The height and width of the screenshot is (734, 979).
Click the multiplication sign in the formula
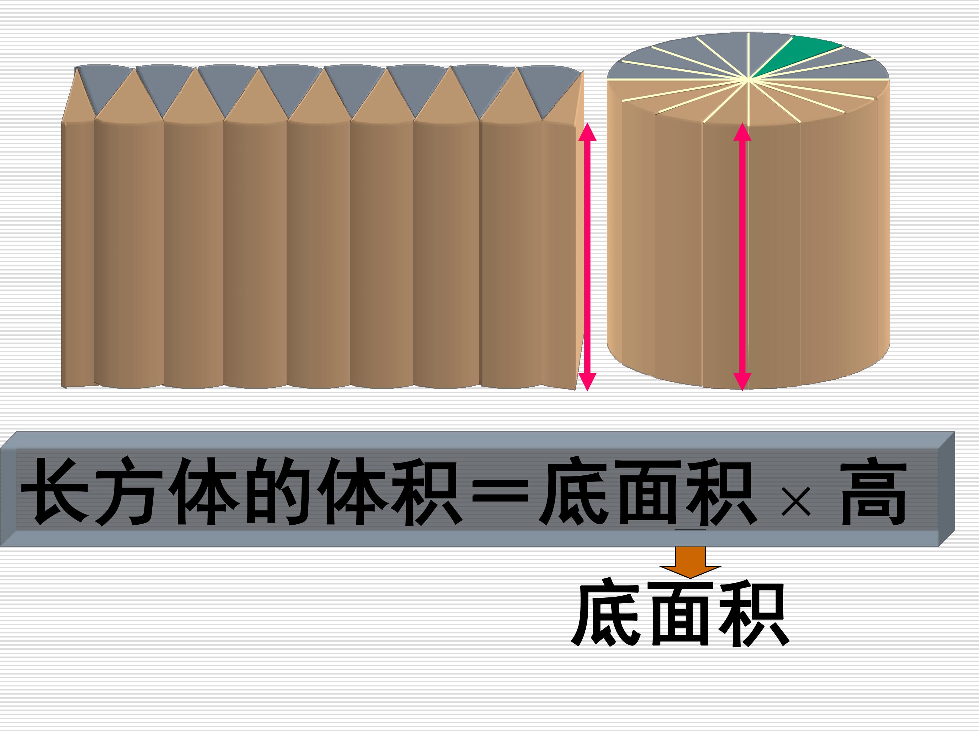click(796, 502)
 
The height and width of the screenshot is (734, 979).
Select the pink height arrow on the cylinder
click(742, 257)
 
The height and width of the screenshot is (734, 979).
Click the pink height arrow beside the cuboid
click(587, 257)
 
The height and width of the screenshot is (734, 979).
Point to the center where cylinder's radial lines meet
click(748, 80)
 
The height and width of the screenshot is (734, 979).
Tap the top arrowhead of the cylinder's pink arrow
click(742, 132)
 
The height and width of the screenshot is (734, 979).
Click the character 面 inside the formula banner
click(648, 492)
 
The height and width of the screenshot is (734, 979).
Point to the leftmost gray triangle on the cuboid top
click(105, 87)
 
